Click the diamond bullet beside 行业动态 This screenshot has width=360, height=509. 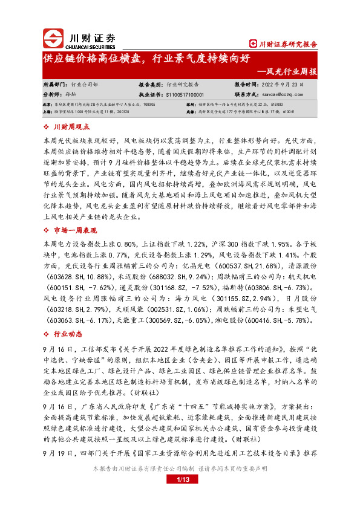pyautogui.click(x=48, y=334)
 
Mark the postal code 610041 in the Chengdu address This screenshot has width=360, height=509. pyautogui.click(x=289, y=112)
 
